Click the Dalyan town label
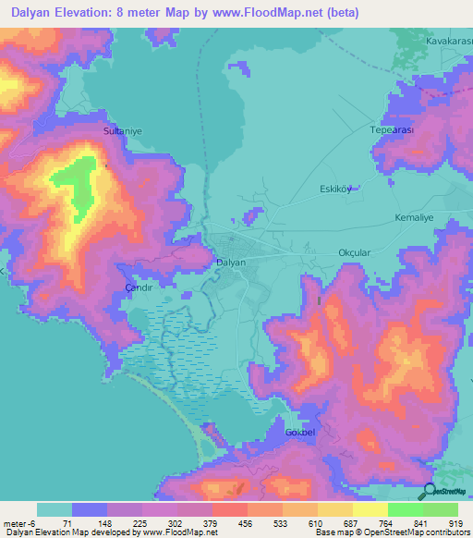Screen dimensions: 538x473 point(230,263)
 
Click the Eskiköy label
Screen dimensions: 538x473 point(336,190)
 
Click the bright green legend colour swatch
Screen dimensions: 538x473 point(405,509)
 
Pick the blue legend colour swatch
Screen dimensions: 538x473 point(90,509)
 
